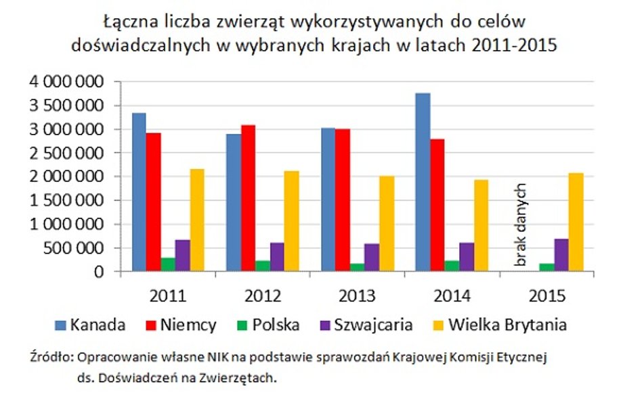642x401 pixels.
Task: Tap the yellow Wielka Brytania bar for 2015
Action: [x=576, y=222]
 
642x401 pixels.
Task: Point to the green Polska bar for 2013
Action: [x=357, y=268]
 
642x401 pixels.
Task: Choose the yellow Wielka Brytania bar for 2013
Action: [x=386, y=224]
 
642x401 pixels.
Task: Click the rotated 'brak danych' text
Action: [x=521, y=223]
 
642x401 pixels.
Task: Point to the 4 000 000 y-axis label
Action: [x=66, y=82]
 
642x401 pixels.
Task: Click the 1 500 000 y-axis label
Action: [x=66, y=200]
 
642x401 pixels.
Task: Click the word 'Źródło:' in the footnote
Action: [x=51, y=356]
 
